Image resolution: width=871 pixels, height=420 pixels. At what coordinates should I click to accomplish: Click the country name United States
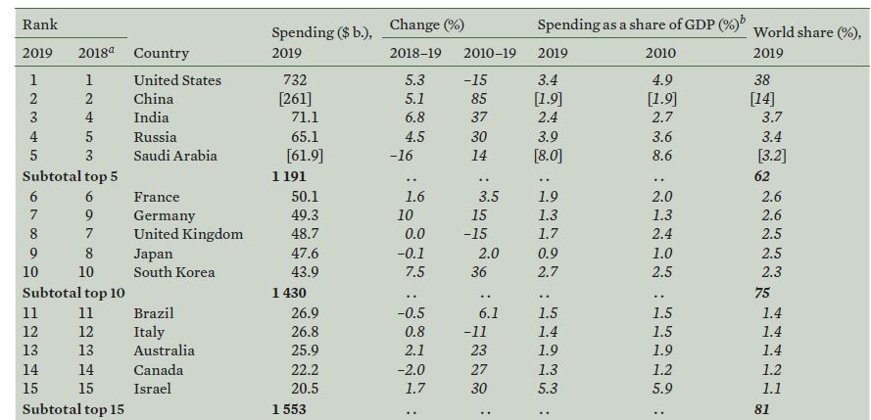[177, 80]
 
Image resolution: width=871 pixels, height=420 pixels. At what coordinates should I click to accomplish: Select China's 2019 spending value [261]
[295, 99]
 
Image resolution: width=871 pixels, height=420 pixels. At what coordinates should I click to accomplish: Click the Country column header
[161, 53]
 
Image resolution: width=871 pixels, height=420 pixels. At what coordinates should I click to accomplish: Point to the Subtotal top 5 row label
[73, 177]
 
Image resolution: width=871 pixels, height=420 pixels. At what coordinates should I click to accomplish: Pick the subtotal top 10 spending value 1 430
[289, 293]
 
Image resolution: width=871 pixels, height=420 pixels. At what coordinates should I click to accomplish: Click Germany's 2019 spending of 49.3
[305, 215]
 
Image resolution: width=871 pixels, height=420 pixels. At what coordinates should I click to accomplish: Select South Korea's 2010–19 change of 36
[479, 272]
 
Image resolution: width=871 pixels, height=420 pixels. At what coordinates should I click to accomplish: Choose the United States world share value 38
[761, 80]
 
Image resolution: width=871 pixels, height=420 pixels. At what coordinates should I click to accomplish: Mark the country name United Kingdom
[188, 235]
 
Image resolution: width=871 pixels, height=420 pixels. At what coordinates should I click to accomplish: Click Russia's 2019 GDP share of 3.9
[547, 137]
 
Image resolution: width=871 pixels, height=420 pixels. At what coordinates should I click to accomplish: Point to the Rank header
[39, 25]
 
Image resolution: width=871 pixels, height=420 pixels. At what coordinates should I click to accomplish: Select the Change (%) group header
[426, 25]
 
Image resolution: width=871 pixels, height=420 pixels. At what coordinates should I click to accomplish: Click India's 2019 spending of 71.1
[305, 118]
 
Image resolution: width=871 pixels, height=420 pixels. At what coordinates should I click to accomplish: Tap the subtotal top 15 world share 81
[761, 410]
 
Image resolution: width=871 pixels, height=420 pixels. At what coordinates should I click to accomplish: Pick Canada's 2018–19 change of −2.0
[411, 370]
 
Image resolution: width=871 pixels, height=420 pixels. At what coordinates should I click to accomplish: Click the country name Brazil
[154, 313]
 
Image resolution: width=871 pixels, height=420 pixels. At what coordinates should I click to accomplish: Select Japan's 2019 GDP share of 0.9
[547, 254]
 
